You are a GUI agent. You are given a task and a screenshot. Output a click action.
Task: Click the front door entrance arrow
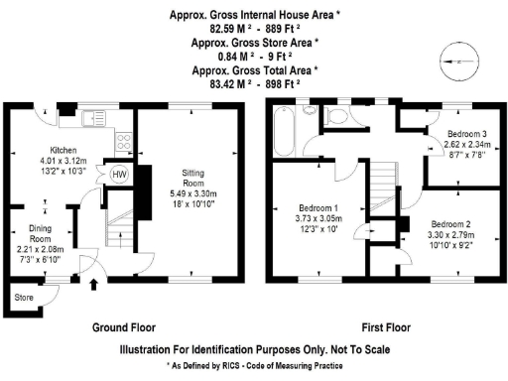pos(94,288)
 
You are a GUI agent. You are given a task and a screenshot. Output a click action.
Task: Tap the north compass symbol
pos(454,62)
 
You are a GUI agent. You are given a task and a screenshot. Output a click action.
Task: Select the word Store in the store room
pos(23,297)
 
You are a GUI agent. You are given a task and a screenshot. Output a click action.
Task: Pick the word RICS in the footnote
pos(231,366)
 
